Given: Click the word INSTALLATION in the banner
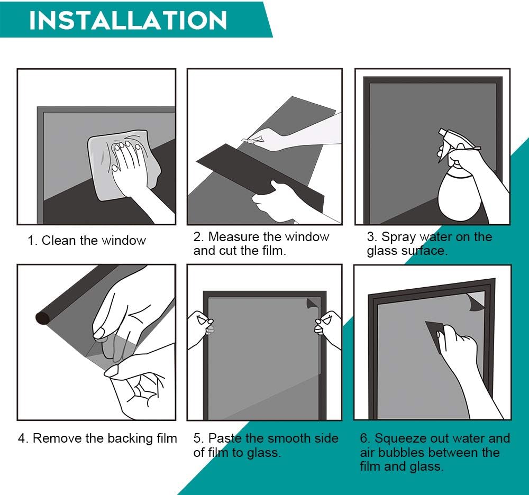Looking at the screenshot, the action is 128,20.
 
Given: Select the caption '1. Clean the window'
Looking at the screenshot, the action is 87,241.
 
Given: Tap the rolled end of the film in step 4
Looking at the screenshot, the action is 43,318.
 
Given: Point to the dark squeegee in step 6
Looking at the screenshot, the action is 435,335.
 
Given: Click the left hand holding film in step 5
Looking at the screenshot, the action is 200,329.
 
